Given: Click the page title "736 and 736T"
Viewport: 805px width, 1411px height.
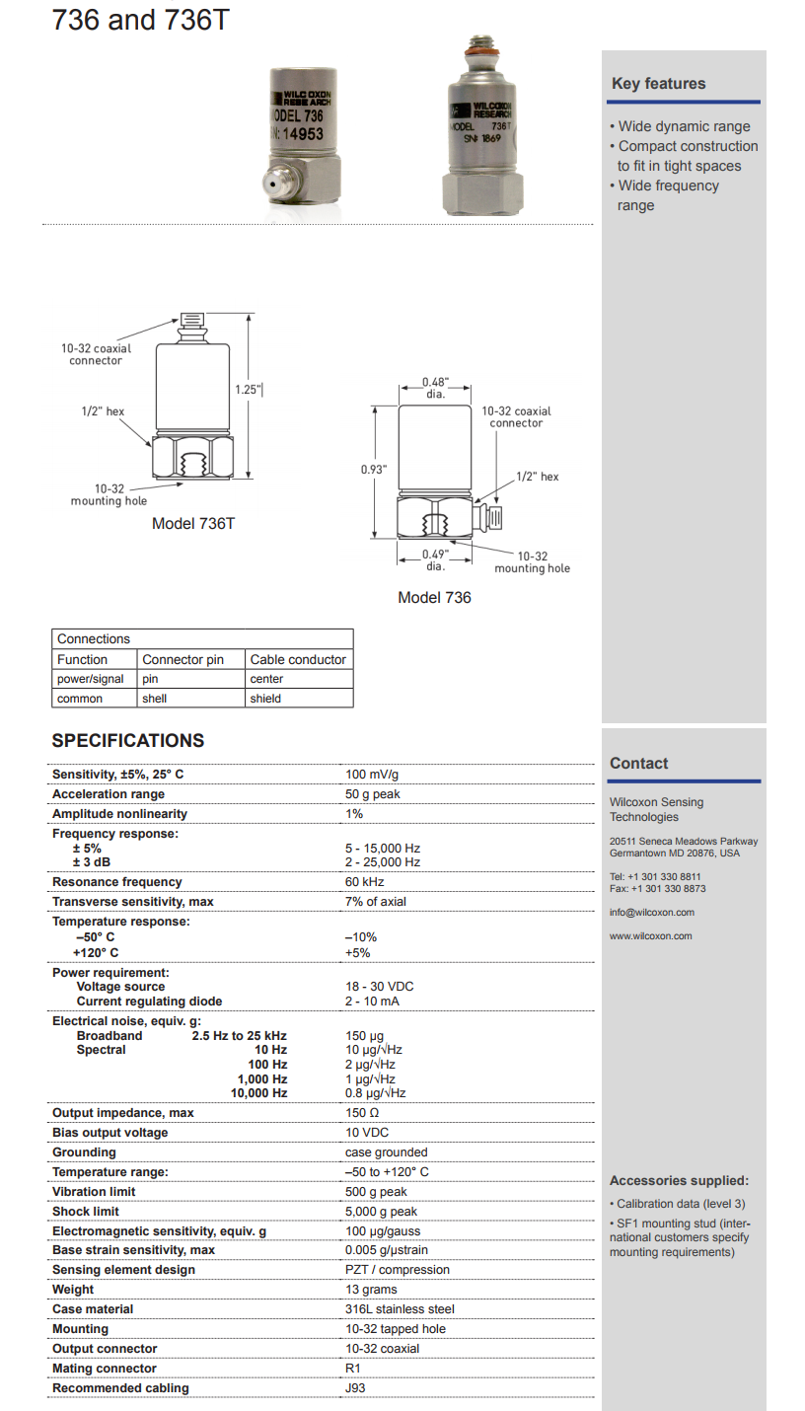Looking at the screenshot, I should coord(140,20).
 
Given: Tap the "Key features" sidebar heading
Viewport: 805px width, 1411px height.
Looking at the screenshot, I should coord(658,84).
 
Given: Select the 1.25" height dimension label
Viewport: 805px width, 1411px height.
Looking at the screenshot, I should coord(248,390).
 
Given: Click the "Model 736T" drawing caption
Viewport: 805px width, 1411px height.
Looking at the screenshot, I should coord(193,523).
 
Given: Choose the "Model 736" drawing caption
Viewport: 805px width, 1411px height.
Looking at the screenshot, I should coord(434,597).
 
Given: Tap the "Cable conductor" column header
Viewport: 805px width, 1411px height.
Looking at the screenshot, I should coord(298,659).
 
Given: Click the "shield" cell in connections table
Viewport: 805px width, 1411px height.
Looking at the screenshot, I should coord(265,699).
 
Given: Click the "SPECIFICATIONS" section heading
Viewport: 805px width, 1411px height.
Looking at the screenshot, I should coord(128,741).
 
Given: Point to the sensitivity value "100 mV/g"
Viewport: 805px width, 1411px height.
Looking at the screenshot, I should coord(372,775).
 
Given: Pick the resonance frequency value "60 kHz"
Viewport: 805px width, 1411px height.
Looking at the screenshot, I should coord(364,882).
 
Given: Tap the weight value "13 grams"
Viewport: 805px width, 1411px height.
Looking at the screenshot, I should coord(371,1290).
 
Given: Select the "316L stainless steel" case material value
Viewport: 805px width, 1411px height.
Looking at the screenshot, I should coord(400,1309).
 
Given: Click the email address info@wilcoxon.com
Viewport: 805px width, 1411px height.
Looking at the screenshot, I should coord(651,913).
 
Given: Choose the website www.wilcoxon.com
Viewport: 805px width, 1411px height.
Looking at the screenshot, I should coord(650,936).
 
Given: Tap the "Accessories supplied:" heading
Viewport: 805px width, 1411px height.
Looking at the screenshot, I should coord(679,1181).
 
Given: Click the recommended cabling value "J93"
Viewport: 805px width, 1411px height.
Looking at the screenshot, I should coord(356,1388).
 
